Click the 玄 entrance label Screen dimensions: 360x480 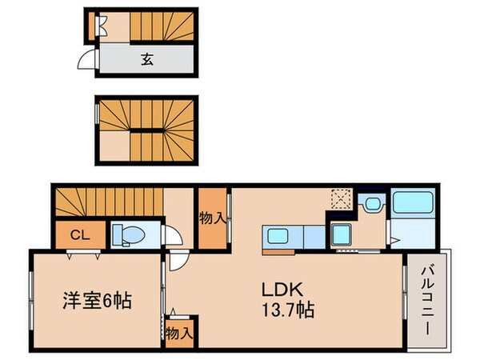point(147,58)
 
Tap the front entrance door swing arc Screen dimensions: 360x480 point(85,59)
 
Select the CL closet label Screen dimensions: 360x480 point(78,234)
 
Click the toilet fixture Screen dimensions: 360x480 point(128,234)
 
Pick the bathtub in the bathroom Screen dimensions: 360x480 point(413,203)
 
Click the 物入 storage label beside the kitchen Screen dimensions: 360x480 point(212,218)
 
